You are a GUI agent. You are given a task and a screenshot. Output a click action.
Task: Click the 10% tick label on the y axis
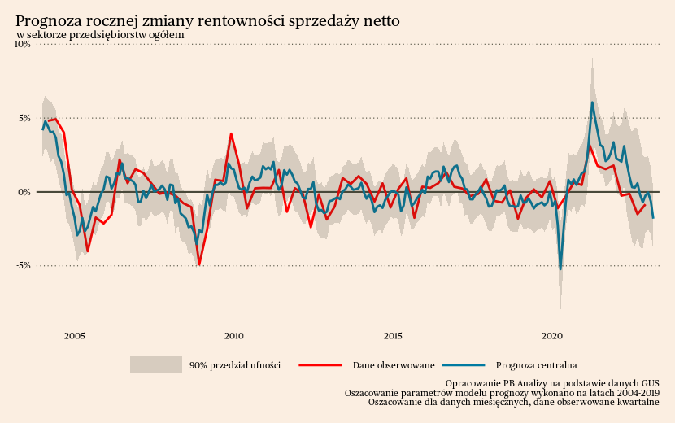point(22,45)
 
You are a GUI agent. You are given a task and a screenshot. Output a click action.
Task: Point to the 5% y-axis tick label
point(24,118)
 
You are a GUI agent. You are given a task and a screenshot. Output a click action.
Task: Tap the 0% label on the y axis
point(24,192)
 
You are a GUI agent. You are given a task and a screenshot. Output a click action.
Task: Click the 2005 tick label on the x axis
point(75,335)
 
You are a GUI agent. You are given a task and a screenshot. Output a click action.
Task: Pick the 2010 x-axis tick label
point(234,335)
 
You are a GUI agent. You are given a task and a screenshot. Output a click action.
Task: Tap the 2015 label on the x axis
point(393,335)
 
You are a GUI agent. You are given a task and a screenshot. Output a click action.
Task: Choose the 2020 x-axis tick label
point(552,335)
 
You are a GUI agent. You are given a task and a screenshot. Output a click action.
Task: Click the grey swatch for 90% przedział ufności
point(155,365)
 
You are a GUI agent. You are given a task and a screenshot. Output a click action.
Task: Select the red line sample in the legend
point(320,365)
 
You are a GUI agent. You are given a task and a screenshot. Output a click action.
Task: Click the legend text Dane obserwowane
point(394,365)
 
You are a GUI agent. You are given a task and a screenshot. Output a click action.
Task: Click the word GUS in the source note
point(649,382)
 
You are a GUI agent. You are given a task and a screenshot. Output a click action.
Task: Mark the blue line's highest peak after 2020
point(592,102)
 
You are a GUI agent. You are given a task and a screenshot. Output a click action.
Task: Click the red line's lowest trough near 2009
point(199,264)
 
